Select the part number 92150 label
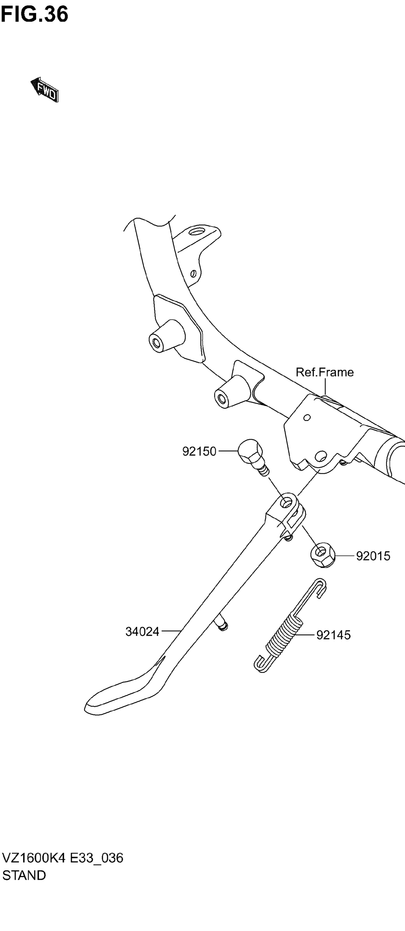[199, 451]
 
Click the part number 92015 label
[373, 556]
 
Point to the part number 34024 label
[142, 631]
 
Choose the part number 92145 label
[333, 635]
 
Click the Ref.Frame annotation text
[324, 372]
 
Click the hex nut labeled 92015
[322, 556]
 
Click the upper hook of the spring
[320, 586]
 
